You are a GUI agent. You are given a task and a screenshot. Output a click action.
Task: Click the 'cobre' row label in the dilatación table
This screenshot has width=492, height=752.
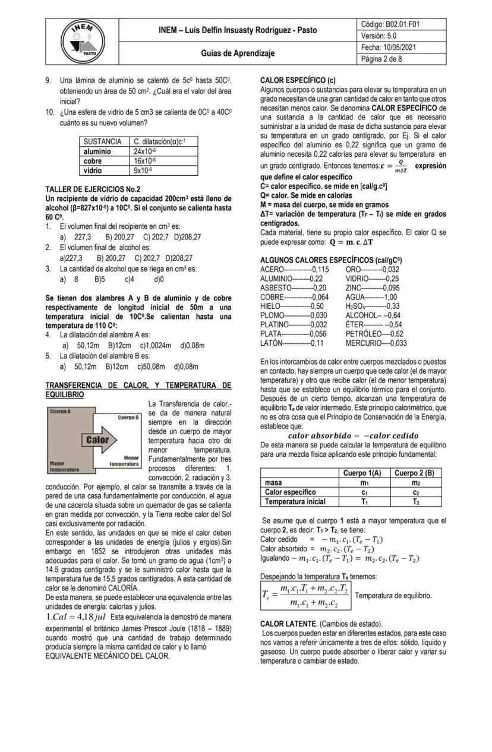pos(93,161)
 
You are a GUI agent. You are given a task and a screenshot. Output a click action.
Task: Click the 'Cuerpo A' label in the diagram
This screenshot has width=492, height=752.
pos(61,411)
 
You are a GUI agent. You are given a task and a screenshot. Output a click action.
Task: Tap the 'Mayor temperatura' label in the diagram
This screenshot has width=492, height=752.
pos(62,466)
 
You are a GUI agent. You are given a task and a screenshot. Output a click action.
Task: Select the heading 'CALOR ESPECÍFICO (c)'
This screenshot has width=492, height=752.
pos(298,80)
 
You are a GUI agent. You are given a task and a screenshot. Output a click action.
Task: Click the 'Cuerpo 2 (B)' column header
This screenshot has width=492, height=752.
pos(414,473)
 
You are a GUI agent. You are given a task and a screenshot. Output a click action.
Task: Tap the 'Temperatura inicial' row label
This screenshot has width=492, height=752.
pos(295,501)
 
